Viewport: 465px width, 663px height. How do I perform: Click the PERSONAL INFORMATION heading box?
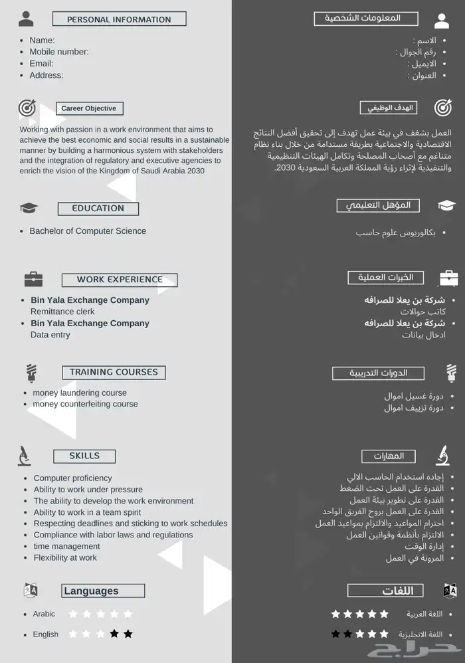pos(119,19)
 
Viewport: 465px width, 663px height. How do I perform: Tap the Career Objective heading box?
pos(88,108)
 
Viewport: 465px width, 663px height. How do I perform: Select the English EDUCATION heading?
pos(98,209)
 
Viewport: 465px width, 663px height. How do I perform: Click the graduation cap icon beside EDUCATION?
pos(29,208)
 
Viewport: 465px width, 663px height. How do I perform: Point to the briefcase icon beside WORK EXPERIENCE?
pos(33,279)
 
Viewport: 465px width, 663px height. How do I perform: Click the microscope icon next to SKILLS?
pos(25,456)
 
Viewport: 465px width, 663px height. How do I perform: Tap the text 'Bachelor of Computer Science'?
pos(88,231)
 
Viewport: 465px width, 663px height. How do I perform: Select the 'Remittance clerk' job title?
pos(62,312)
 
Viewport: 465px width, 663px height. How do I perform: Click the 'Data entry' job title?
pos(50,335)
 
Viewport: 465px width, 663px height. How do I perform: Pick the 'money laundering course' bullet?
pos(80,393)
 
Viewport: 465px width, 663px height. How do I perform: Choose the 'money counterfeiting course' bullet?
pos(85,404)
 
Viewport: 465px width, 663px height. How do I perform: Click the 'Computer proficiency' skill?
pos(73,478)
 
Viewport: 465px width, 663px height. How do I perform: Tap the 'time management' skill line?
pos(67,546)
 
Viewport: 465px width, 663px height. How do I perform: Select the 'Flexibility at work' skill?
pos(65,557)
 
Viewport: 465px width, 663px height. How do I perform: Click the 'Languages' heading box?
pos(103,591)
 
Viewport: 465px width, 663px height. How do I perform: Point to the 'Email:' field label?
pos(41,64)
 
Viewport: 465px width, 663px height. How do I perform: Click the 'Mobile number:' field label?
pos(59,52)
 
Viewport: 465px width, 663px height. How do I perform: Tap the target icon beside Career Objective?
pos(27,108)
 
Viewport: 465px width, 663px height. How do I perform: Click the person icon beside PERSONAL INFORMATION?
pos(26,19)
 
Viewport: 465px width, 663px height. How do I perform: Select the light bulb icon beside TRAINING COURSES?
pos(31,372)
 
